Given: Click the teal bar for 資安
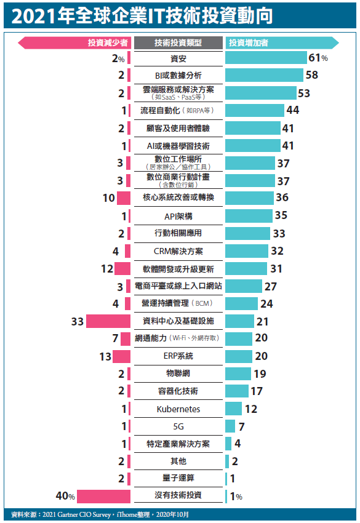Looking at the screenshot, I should click(x=265, y=58).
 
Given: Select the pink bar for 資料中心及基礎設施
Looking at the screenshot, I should click(x=108, y=321).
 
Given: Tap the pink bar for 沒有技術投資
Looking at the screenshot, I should click(x=103, y=496).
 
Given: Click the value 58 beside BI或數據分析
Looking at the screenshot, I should click(x=311, y=76).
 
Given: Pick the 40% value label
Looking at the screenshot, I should click(x=65, y=497).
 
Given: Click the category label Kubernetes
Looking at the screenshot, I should click(x=178, y=409).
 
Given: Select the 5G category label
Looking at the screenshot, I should click(x=178, y=426).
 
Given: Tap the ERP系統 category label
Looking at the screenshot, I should click(x=178, y=356).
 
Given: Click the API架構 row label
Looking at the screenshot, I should click(x=178, y=216).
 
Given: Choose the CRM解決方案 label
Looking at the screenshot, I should click(x=178, y=251).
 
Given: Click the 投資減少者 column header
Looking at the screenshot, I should click(x=108, y=42).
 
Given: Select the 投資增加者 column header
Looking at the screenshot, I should click(x=252, y=42).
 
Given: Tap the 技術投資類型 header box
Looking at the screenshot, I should click(x=178, y=42).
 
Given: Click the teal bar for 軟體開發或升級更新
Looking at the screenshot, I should click(x=246, y=269).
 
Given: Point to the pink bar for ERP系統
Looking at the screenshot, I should click(x=121, y=356).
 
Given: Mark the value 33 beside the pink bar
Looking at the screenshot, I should click(x=77, y=321).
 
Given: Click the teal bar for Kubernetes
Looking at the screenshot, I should click(x=234, y=409).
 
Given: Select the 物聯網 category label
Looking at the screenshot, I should click(x=178, y=373).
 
